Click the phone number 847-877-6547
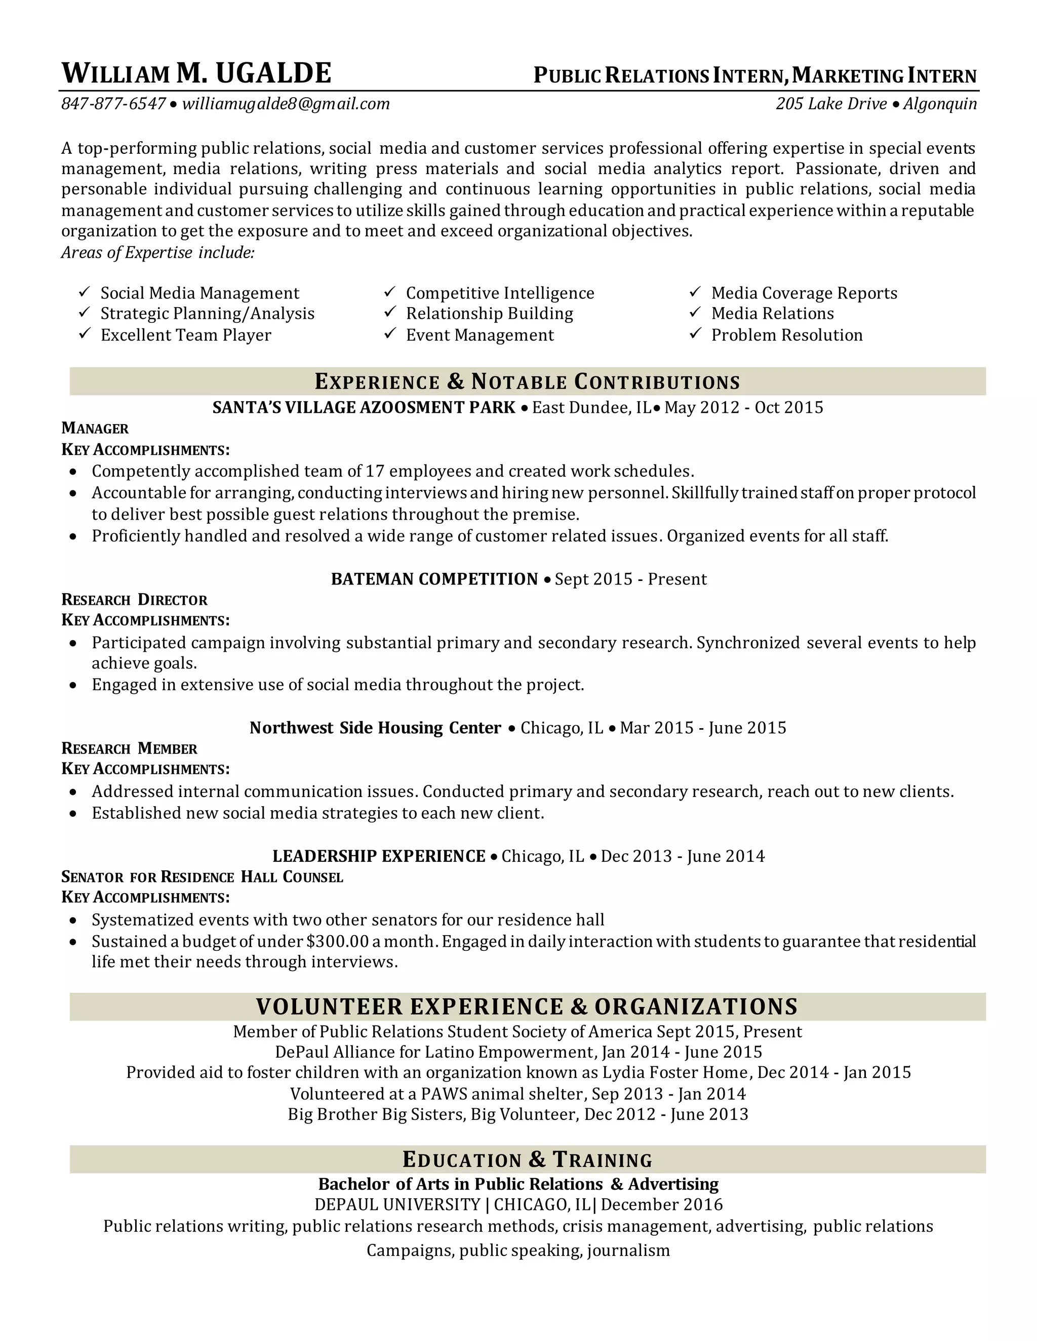pyautogui.click(x=113, y=104)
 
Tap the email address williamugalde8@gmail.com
pyautogui.click(x=286, y=104)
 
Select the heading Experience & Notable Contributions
pyautogui.click(x=527, y=382)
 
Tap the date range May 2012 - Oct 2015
pyautogui.click(x=743, y=408)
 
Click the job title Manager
pyautogui.click(x=95, y=429)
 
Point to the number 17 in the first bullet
pyautogui.click(x=375, y=471)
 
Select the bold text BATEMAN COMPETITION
pyautogui.click(x=434, y=579)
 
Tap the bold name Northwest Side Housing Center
pyautogui.click(x=375, y=728)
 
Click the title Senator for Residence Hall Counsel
pyautogui.click(x=202, y=877)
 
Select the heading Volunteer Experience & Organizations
pyautogui.click(x=527, y=1007)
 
